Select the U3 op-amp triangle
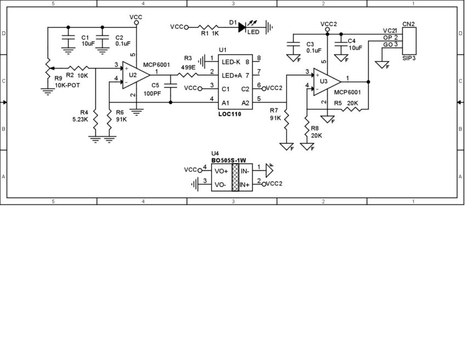point(325,82)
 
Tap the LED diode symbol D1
point(242,26)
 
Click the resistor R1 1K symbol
point(209,26)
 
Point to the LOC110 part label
point(229,114)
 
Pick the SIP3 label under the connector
point(408,56)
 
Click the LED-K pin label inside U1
point(231,61)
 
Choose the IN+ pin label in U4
point(245,185)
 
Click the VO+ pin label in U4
point(221,171)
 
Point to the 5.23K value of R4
point(81,119)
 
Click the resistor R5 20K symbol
point(353,109)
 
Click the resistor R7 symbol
point(286,123)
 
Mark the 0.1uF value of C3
point(314,51)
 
